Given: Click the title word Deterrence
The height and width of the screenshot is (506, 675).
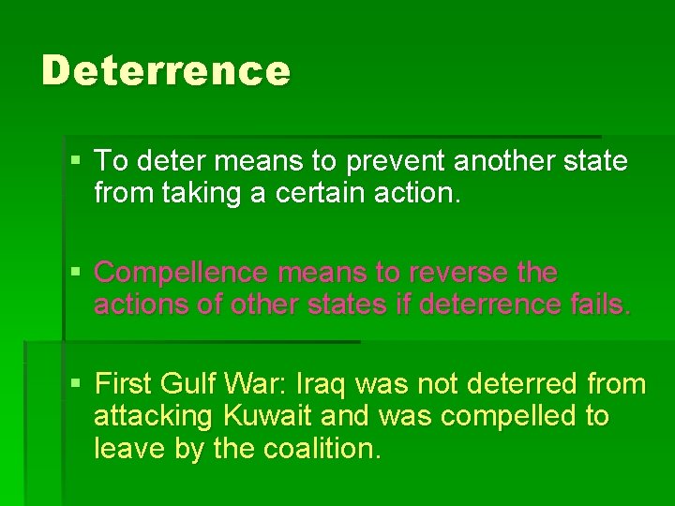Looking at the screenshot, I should click(x=166, y=70).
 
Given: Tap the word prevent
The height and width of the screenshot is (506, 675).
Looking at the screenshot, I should click(x=396, y=161).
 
